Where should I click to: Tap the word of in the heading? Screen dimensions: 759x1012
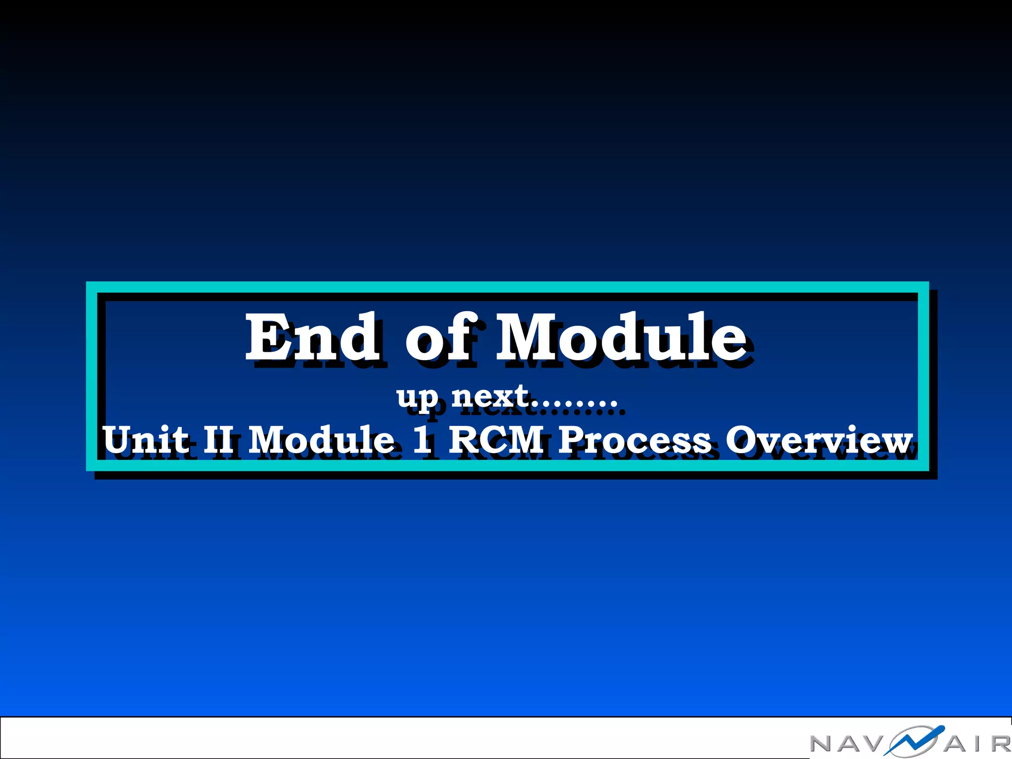441,338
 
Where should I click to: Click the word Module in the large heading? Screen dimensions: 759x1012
621,338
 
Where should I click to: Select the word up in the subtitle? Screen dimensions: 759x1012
417,398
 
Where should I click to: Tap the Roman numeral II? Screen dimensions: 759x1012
218,439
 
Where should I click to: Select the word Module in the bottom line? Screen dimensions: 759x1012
321,439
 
